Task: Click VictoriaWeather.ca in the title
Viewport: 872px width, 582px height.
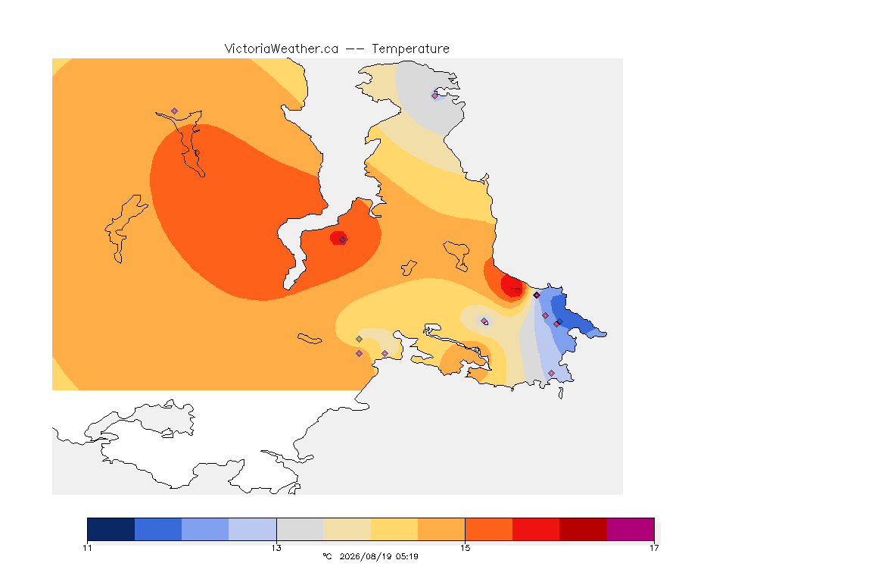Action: (282, 48)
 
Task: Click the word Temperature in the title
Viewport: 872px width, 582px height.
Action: (410, 49)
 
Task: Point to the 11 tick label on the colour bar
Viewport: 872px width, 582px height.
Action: (87, 548)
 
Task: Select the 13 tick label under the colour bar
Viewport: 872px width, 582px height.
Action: (276, 548)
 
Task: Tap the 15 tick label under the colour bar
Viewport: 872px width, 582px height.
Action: (465, 548)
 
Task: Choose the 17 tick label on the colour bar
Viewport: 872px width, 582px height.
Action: (654, 548)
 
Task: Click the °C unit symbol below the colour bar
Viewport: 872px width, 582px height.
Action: (327, 556)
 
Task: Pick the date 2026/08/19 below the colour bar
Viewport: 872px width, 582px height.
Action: (365, 556)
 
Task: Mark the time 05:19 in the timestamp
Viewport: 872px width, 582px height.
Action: (407, 556)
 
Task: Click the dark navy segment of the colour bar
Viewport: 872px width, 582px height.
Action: (111, 529)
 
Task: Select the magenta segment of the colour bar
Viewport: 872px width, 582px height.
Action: (631, 529)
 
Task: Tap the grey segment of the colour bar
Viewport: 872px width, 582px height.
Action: (300, 529)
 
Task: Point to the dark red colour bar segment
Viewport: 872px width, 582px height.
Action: (584, 529)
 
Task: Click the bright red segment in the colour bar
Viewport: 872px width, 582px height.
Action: (536, 529)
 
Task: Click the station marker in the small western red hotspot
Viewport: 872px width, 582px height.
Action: (343, 240)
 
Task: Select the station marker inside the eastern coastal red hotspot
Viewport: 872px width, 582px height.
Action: (519, 291)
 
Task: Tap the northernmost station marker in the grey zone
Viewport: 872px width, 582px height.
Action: (435, 95)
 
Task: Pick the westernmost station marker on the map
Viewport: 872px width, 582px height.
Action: (175, 111)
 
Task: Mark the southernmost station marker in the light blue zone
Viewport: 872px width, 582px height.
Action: (552, 373)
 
